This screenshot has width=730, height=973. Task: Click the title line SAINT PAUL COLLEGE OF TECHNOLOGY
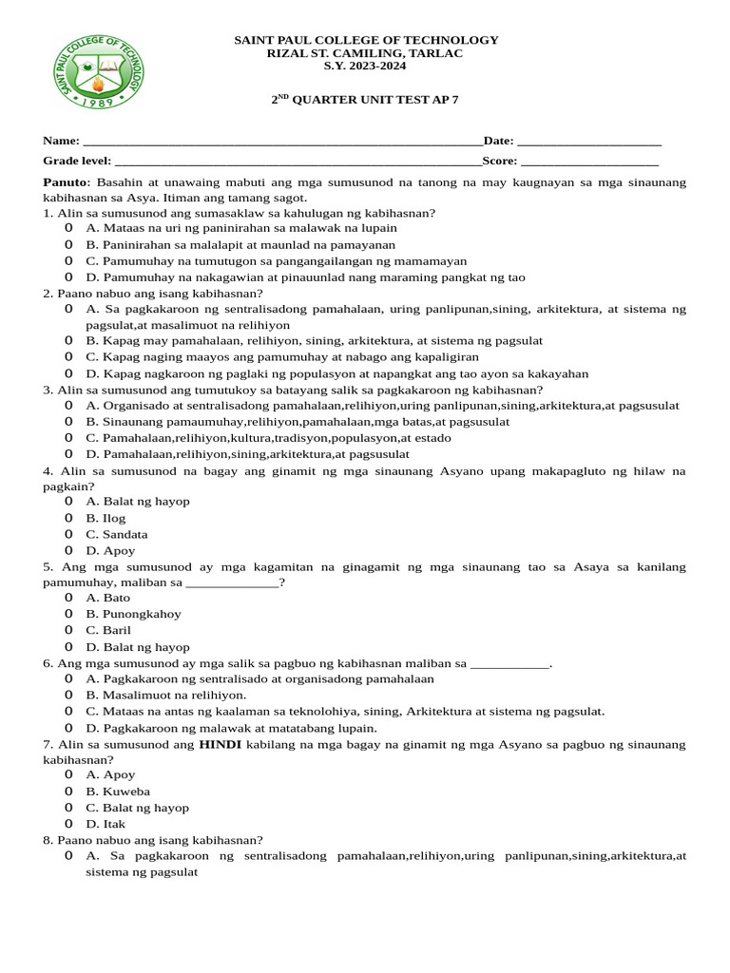click(x=366, y=40)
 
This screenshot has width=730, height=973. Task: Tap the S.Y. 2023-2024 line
click(x=366, y=67)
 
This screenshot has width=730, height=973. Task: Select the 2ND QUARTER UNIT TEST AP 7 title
click(x=366, y=99)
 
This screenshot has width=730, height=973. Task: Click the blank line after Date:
click(x=588, y=142)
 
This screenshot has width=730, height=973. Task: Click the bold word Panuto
click(x=65, y=181)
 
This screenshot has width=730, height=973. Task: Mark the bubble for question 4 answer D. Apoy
click(x=68, y=550)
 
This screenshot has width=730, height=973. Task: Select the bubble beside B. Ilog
click(x=68, y=518)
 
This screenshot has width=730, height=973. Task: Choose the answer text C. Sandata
click(x=111, y=534)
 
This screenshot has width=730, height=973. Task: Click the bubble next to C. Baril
click(x=68, y=630)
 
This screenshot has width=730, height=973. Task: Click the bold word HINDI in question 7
click(x=221, y=744)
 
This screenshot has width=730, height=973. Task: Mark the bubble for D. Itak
click(x=68, y=824)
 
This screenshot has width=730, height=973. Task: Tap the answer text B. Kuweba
click(x=118, y=792)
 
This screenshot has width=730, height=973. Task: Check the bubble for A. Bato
click(x=68, y=598)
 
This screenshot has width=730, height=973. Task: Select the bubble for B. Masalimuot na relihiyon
click(x=68, y=695)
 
